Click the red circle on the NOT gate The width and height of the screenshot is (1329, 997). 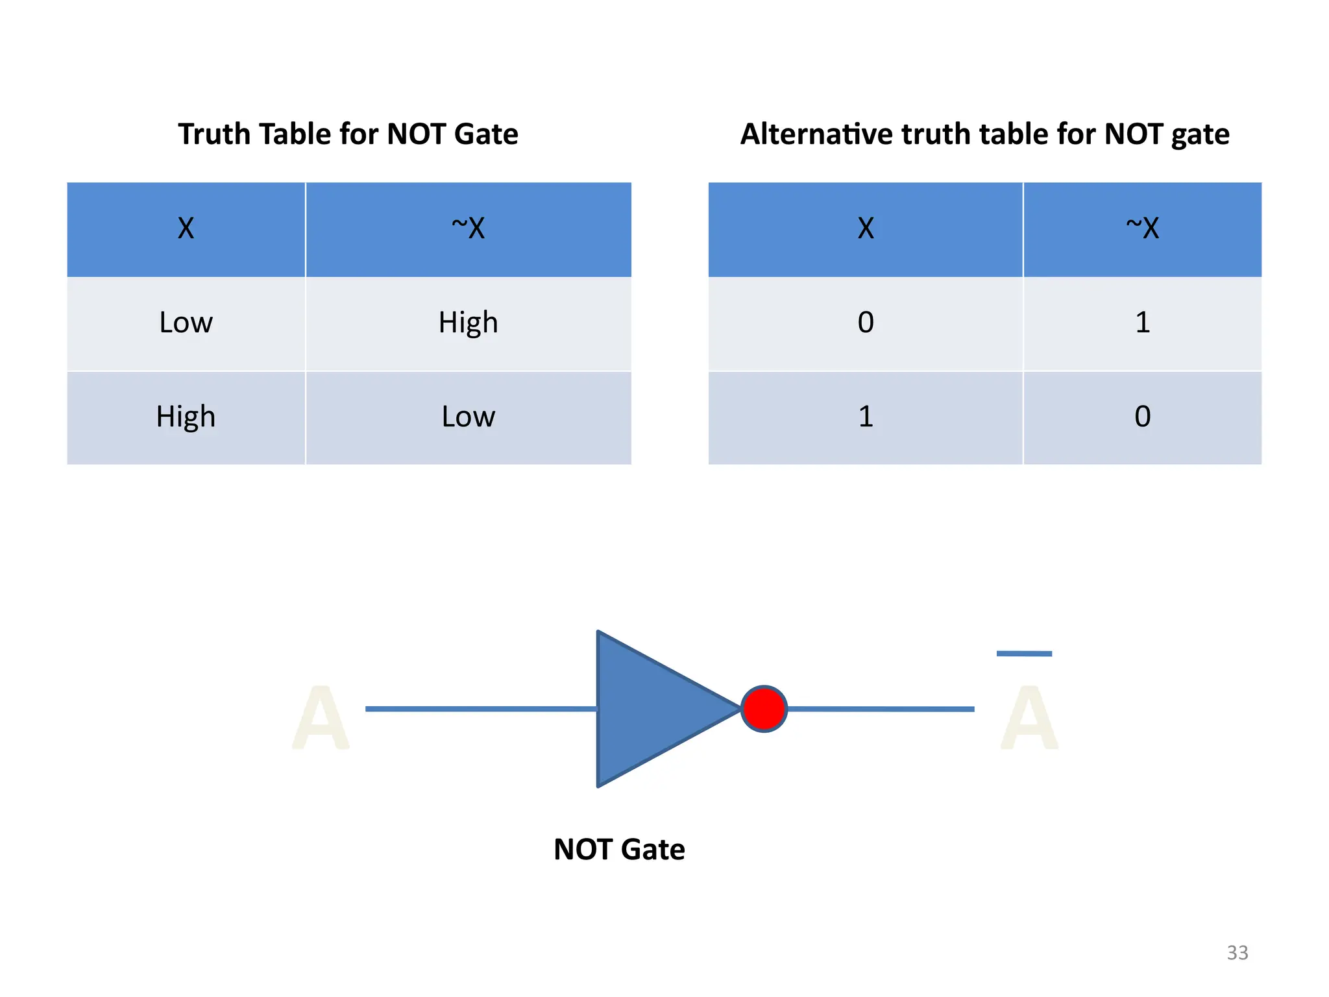[x=764, y=708]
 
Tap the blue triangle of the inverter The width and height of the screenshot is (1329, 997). [x=655, y=709]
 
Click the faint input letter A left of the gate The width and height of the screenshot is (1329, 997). [x=321, y=719]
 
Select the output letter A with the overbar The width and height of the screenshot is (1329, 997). [x=1029, y=719]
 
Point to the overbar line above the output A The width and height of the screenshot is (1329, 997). [x=1024, y=654]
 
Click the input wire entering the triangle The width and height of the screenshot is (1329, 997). [x=480, y=709]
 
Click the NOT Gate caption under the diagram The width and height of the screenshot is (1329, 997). [x=619, y=849]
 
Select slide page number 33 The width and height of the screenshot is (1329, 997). [x=1237, y=952]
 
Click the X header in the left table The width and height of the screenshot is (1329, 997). [x=186, y=228]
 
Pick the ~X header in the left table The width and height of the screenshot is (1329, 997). [x=468, y=228]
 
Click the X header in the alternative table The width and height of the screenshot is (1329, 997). [x=866, y=228]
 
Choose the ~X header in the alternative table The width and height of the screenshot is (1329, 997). [x=1142, y=228]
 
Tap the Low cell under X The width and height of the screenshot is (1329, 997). [x=186, y=323]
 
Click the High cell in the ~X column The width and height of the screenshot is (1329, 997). [x=468, y=323]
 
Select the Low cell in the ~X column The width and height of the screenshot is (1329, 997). [x=468, y=417]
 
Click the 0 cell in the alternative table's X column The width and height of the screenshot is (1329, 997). [x=866, y=323]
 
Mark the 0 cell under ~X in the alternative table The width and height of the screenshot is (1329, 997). [x=1142, y=417]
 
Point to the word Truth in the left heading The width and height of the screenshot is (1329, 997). [x=213, y=134]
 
